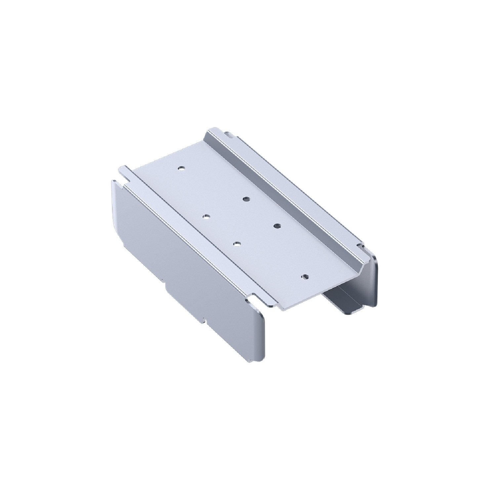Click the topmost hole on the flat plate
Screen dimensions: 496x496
pos(181,168)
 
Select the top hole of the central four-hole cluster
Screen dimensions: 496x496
pos(246,199)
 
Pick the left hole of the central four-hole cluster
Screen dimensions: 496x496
pos(206,217)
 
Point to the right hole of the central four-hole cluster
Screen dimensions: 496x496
pos(276,226)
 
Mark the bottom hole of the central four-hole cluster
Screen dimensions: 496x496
pos(237,244)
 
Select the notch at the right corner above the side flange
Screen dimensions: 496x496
pos(361,246)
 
